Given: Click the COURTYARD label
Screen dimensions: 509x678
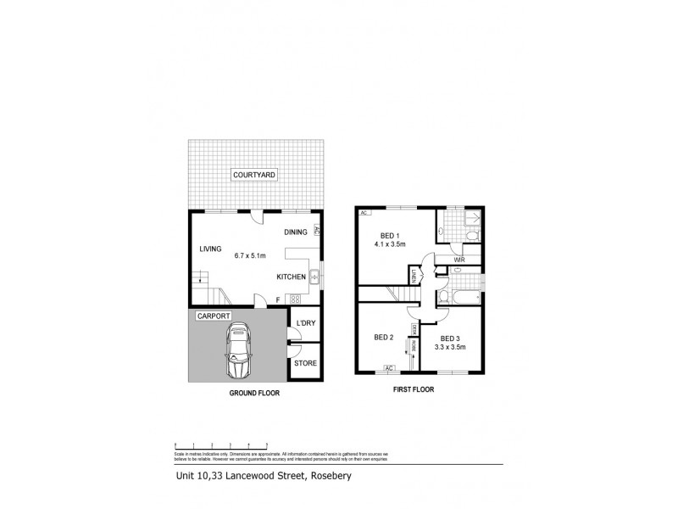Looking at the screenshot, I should coord(254,176).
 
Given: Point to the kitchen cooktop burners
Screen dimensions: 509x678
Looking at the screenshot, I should coord(296,299).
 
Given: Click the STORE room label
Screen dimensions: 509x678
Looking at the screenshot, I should coord(305,363).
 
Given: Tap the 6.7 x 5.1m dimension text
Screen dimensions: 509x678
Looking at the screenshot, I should coord(250,255).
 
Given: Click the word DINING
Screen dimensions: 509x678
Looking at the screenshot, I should coord(295,232).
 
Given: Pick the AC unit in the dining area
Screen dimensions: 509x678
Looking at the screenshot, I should coord(316,229).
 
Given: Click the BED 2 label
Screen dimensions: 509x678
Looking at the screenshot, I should coord(385,337).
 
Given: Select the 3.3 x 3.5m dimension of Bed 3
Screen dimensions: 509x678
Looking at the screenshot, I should coord(450,346).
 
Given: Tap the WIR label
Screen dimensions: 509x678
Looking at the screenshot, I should coord(458,260).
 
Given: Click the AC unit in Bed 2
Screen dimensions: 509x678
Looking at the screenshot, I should coord(389,368).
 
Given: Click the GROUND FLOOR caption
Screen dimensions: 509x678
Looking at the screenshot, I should coord(254,394).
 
